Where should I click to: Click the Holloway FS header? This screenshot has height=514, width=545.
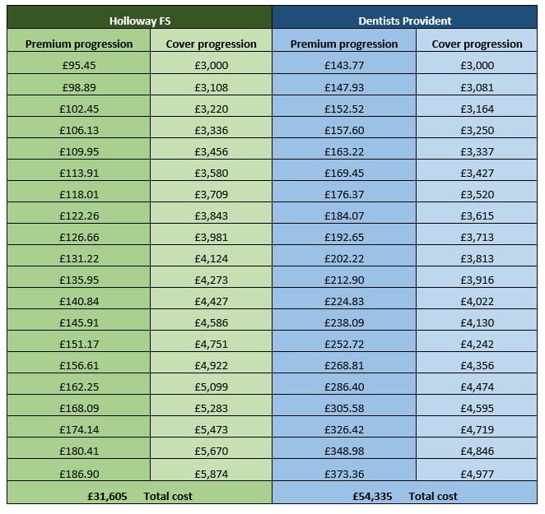(138, 21)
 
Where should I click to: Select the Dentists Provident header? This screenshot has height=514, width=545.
(404, 21)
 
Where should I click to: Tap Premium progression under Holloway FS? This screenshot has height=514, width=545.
(79, 44)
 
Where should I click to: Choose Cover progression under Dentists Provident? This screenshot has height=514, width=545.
(477, 44)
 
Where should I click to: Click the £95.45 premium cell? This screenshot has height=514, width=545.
(79, 65)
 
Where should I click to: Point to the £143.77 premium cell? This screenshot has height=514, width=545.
(344, 65)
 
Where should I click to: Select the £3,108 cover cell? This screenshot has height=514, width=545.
(212, 86)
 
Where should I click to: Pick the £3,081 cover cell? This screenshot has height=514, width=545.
(477, 86)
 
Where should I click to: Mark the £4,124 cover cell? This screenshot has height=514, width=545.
(212, 257)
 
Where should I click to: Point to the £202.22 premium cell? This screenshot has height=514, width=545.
(344, 257)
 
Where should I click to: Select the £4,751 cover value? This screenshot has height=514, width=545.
(212, 343)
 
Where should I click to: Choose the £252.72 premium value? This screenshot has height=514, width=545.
(344, 343)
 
